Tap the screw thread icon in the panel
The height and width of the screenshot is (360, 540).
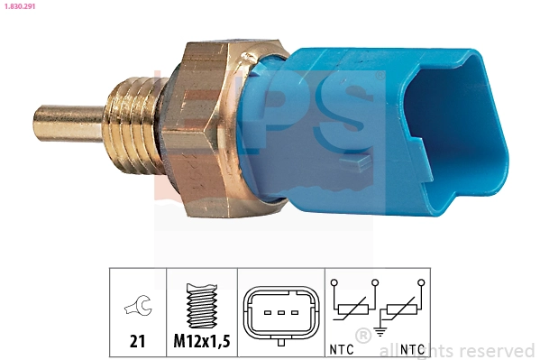[201, 306]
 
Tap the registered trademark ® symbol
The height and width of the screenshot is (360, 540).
[362, 336]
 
